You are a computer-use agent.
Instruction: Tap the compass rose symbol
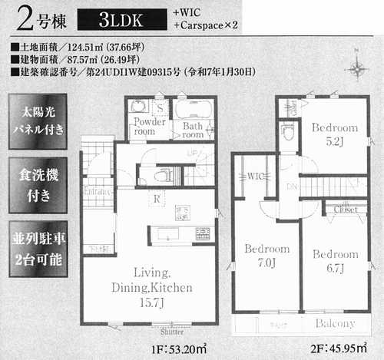pyautogui.click(x=357, y=68)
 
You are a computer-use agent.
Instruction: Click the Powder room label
pyautogui.click(x=149, y=127)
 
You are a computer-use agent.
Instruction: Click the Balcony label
pyautogui.click(x=334, y=323)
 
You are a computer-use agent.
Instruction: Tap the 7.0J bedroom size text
pyautogui.click(x=266, y=263)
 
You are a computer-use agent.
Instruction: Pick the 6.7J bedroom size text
pyautogui.click(x=336, y=266)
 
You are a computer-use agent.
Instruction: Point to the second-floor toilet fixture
pyautogui.click(x=288, y=132)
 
